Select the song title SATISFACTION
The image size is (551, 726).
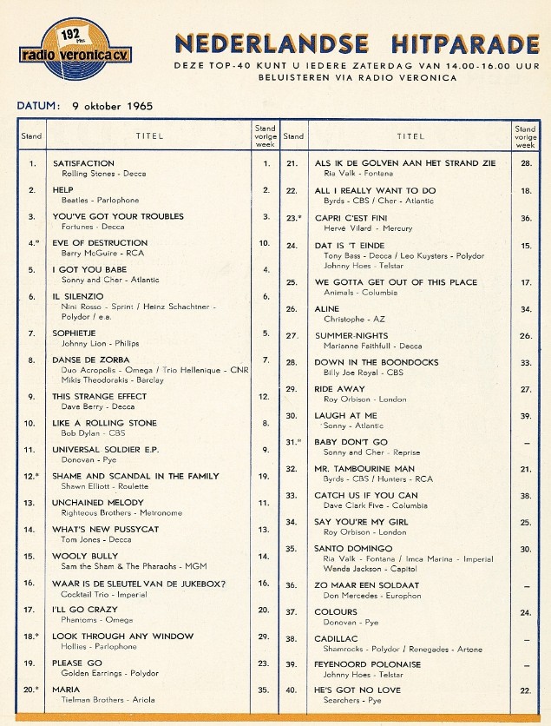click(83, 162)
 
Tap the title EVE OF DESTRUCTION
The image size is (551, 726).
click(100, 243)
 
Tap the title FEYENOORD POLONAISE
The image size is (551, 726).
click(367, 664)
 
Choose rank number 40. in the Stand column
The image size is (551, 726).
click(292, 690)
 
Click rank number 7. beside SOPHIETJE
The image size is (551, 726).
click(32, 333)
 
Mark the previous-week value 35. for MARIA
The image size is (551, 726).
click(263, 690)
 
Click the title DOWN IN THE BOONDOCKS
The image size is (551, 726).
click(376, 362)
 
